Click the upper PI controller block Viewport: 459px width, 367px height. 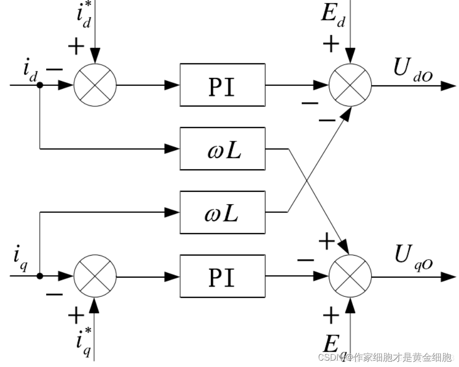[222, 84]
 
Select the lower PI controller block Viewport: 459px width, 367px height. [222, 276]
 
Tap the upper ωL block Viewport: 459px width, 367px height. [222, 148]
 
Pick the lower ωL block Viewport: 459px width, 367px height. [222, 212]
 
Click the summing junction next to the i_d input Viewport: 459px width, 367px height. [95, 85]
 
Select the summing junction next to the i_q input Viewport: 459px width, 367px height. [95, 276]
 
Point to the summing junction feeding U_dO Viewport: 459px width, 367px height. [350, 85]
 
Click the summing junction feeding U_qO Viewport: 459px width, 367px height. [350, 276]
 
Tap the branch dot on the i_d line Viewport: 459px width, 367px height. [40, 85]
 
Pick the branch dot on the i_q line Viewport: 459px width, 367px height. [40, 276]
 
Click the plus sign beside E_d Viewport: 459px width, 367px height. [331, 44]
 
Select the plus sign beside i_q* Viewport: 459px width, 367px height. [76, 315]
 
